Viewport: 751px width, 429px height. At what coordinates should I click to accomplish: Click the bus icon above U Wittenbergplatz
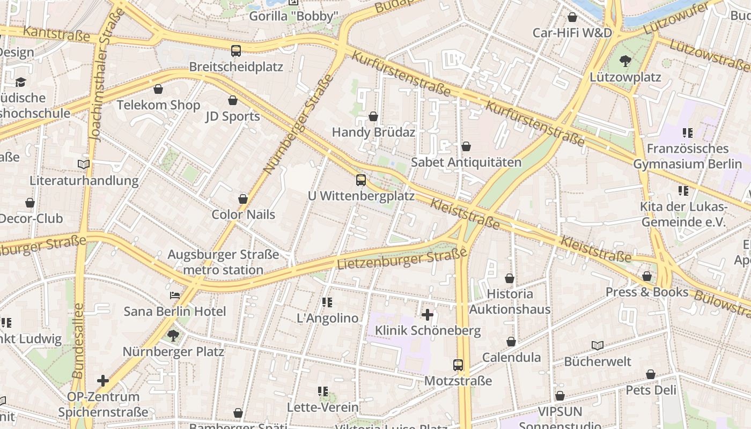pos(361,180)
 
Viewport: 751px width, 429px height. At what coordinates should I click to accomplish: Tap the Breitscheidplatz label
pos(236,67)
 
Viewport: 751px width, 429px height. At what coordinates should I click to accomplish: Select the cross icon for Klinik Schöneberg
pos(428,314)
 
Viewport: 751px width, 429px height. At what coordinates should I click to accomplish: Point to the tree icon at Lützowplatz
pos(625,61)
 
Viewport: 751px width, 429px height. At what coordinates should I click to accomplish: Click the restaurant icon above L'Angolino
pos(327,302)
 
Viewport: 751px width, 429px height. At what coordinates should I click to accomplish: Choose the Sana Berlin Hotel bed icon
pos(175,295)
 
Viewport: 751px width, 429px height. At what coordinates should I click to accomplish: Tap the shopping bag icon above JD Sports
pos(233,100)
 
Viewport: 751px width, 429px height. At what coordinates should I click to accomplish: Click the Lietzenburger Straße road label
pos(402,259)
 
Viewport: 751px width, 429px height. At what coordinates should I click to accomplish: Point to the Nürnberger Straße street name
pos(298,125)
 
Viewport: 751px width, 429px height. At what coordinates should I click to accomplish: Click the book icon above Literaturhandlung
pos(84,164)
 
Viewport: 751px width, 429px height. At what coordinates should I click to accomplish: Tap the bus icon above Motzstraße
pos(458,365)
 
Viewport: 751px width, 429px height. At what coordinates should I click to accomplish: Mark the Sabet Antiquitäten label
pos(466,162)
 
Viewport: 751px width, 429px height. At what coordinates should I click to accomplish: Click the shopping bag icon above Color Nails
pos(243,199)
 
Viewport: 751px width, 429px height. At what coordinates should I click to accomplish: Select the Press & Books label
pos(646,292)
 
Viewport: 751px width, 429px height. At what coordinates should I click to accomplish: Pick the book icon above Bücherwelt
pos(598,345)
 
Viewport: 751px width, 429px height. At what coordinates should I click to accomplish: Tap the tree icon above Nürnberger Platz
pos(173,336)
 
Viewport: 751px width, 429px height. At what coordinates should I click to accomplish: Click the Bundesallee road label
pos(78,341)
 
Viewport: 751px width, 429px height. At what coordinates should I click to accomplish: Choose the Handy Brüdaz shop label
pos(373,132)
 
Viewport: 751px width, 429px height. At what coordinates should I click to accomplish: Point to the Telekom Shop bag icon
pos(158,89)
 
